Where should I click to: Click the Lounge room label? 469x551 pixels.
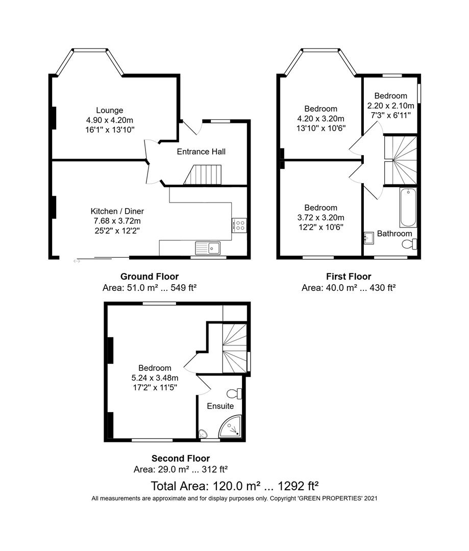(x=109, y=110)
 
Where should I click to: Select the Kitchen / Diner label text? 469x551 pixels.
(x=117, y=211)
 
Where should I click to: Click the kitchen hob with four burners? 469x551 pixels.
(x=239, y=225)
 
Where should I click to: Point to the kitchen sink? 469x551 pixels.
(x=210, y=248)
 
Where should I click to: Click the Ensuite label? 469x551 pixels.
(x=220, y=407)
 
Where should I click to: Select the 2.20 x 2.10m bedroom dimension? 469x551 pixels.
(x=390, y=106)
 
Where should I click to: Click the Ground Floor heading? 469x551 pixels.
(x=150, y=277)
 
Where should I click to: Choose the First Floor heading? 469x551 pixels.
(x=349, y=277)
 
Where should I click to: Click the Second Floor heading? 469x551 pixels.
(x=180, y=459)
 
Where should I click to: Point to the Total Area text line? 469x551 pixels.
(x=235, y=485)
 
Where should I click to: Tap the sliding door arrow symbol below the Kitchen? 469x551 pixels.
(x=77, y=261)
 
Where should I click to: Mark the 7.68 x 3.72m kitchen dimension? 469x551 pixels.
(x=117, y=221)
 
